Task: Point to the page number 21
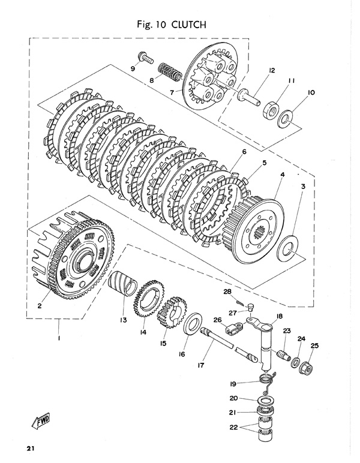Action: point(31,449)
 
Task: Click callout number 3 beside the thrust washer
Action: point(304,187)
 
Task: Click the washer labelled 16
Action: point(192,327)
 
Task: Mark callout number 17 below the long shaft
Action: point(200,363)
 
